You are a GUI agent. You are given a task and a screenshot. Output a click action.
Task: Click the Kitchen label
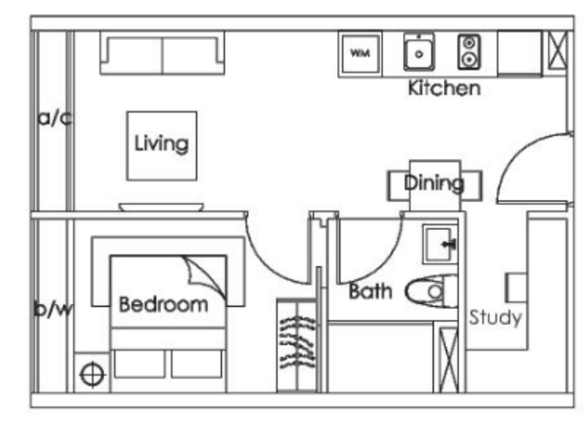[444, 89]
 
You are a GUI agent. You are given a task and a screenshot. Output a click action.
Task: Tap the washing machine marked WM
[360, 53]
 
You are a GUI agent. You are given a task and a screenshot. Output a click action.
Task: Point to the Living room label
[161, 144]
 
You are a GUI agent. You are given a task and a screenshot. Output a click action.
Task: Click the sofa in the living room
[162, 53]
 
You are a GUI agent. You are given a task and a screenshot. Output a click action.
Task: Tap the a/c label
[54, 117]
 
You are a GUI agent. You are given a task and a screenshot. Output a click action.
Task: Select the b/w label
[53, 310]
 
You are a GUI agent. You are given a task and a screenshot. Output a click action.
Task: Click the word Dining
[434, 182]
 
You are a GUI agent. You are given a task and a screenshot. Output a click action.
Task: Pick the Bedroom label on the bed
[163, 304]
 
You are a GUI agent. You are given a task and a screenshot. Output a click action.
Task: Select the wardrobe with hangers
[296, 344]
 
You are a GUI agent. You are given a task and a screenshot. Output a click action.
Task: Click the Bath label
[370, 291]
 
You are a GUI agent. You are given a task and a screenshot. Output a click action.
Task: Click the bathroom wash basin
[440, 244]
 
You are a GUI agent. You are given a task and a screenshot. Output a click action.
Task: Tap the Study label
[495, 318]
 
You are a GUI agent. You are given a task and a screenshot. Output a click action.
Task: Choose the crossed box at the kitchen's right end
[557, 53]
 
